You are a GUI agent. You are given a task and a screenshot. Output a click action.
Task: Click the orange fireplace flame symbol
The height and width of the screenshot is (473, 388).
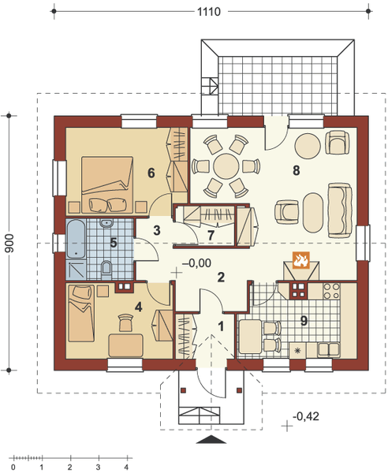coord(300,259)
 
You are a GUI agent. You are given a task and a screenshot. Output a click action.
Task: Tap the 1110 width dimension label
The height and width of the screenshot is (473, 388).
coord(209,12)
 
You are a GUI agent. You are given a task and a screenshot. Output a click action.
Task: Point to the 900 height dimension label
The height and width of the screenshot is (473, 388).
coord(9,243)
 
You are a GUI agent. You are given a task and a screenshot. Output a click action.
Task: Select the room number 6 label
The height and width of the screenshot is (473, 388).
coord(151,173)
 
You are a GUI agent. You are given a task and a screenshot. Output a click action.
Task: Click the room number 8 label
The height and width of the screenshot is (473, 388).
coord(297,170)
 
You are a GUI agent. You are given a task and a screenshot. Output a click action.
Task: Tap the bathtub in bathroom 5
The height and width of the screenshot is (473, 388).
coord(76,239)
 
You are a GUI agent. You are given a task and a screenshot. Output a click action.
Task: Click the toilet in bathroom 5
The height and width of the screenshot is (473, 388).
coord(106,269)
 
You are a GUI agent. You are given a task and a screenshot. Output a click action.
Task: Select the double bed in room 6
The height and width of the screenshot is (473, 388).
coord(107,184)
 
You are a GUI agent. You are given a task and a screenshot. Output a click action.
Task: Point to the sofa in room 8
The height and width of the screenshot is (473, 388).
coord(340,210)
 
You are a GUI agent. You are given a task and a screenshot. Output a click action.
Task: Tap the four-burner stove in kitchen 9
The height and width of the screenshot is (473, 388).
coord(331,291)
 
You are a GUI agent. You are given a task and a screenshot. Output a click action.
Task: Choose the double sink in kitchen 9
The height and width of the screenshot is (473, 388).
coord(329,349)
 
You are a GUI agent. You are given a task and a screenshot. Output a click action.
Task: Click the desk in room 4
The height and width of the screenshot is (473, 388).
coord(126,345)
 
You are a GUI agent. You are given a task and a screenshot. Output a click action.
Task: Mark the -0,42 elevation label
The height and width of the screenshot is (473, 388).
coord(306,416)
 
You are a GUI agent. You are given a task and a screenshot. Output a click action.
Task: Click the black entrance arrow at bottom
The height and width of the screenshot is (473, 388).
coord(211,440)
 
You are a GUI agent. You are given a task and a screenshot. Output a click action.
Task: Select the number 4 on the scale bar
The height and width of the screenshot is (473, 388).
coord(126,467)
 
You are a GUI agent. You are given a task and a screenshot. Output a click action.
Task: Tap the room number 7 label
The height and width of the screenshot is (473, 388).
coord(211,235)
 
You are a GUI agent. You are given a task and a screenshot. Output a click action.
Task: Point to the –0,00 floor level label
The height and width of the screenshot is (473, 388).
coord(196,263)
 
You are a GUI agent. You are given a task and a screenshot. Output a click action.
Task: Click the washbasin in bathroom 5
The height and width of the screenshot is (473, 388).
coord(106,223)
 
